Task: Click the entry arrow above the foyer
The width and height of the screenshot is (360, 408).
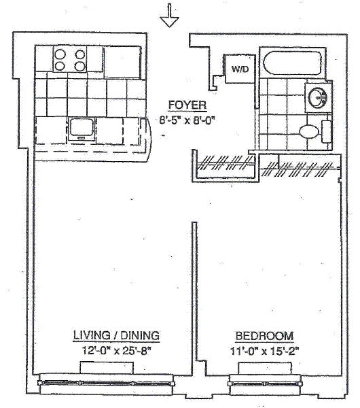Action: pos(170,16)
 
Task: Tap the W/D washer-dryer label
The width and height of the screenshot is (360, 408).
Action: pos(240,69)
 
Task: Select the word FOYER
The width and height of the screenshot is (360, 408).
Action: pos(187,105)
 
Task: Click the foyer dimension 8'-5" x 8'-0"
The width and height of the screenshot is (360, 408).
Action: pos(187,120)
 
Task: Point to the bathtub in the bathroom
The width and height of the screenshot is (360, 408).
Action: pos(293,63)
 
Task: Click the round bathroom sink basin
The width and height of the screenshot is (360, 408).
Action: pos(317,97)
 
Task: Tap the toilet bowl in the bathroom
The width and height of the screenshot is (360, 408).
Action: pos(309,131)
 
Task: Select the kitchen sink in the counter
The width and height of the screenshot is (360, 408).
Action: pos(81,129)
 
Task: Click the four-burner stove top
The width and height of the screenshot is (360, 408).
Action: pos(70,60)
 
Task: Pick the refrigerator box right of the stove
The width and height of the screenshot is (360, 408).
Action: pos(122,62)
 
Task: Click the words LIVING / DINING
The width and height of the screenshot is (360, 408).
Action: pos(116,335)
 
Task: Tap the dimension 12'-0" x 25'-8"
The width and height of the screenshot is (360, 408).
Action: pos(116,350)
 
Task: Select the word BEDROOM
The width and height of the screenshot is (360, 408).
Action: pos(264,336)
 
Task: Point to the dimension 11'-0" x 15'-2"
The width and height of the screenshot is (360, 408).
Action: pos(264,351)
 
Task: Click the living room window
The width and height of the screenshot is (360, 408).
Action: pos(107,383)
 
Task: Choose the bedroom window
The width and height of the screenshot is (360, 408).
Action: pos(265,384)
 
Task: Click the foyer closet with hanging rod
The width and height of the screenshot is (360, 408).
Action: pos(225,166)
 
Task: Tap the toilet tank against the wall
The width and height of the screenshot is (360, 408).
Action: pos(326,131)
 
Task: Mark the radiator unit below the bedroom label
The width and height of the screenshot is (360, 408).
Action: pos(265,369)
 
